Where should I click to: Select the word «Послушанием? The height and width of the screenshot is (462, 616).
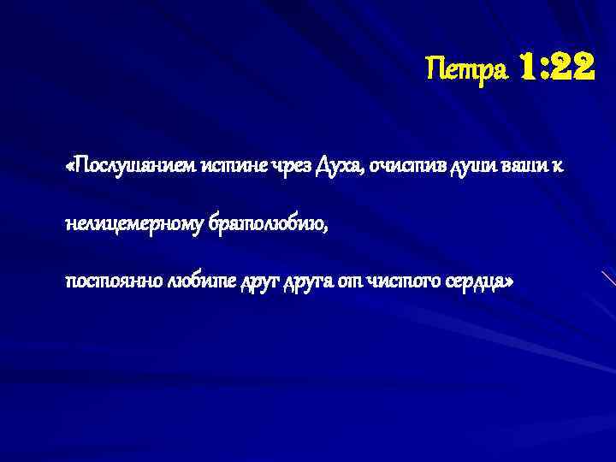[130, 166]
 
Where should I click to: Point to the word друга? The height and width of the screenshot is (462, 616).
[302, 281]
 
